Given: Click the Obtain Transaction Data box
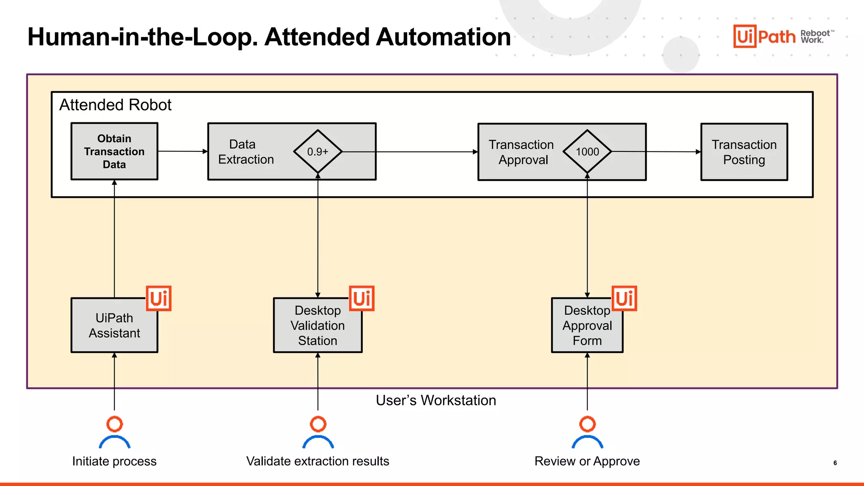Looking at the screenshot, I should (114, 151).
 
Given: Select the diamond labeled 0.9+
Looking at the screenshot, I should (318, 151).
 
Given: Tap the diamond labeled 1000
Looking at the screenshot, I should (587, 151).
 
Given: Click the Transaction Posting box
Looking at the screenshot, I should (744, 152).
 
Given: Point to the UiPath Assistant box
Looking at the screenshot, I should (114, 325).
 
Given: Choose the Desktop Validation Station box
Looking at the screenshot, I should (317, 325).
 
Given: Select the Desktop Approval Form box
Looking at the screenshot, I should (587, 325).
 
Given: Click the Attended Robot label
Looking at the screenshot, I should (115, 105).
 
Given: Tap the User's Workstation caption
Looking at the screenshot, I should (436, 400).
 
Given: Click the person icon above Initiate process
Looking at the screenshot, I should (114, 432).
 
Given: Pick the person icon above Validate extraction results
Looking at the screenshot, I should (318, 432).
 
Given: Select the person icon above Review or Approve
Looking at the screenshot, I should (587, 432).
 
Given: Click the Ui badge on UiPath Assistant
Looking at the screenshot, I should (159, 298).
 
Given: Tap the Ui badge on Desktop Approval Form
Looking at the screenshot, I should (624, 298).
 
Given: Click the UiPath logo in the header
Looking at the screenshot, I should (764, 36).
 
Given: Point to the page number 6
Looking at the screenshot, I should (835, 463).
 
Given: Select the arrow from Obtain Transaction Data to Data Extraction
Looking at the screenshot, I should (182, 151).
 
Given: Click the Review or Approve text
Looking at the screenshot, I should (587, 461).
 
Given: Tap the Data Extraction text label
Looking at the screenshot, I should (246, 152).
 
